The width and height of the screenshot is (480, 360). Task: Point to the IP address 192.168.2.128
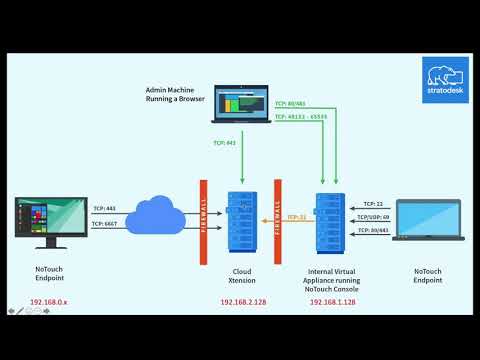243,300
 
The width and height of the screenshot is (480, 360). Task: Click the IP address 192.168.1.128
331,300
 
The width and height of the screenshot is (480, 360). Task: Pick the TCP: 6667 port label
105,224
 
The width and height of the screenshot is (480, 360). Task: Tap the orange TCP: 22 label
296,217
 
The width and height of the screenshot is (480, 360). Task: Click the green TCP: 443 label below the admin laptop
224,143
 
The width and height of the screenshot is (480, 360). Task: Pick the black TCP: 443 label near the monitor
105,208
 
